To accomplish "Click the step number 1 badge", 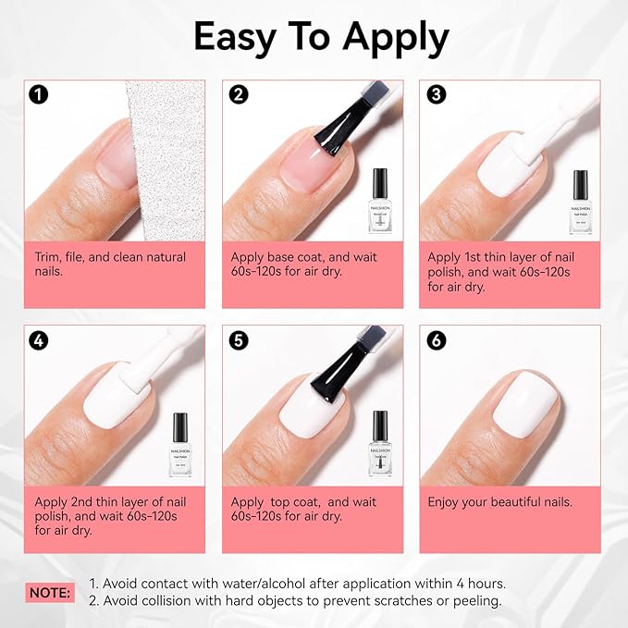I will pyautogui.click(x=39, y=95).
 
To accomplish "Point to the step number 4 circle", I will pyautogui.click(x=39, y=340).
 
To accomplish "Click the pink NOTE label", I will pyautogui.click(x=50, y=592).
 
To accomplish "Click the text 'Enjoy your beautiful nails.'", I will pyautogui.click(x=499, y=502).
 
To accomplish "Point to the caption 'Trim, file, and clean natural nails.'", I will pyautogui.click(x=110, y=264).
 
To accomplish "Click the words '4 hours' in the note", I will pyautogui.click(x=475, y=584).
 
